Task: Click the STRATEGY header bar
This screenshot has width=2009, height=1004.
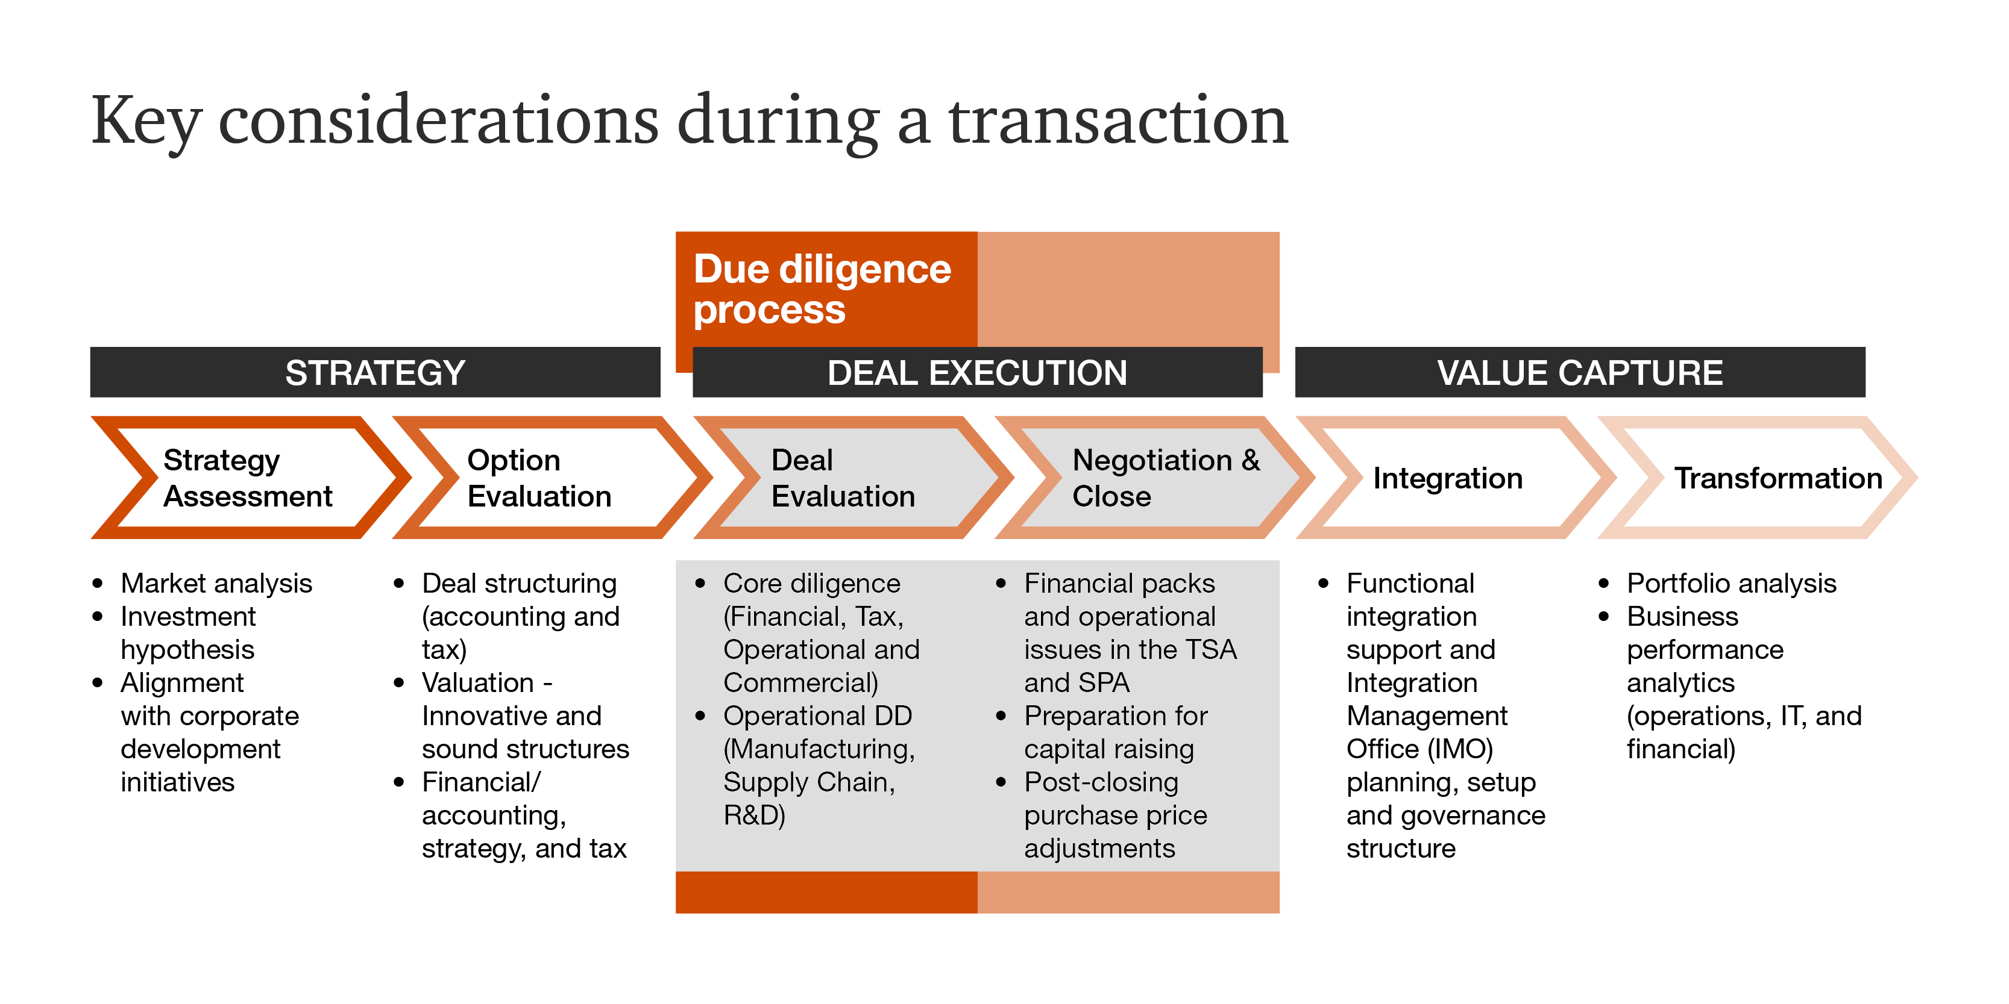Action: pyautogui.click(x=374, y=373)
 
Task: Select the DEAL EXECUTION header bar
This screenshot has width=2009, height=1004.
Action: pyautogui.click(x=976, y=373)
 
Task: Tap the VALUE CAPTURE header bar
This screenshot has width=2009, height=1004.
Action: pyautogui.click(x=1579, y=373)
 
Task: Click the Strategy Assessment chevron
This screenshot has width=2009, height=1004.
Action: pyautogui.click(x=248, y=478)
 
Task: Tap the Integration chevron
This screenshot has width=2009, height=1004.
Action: pyautogui.click(x=1447, y=478)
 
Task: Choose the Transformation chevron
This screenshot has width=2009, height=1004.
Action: pyautogui.click(x=1778, y=478)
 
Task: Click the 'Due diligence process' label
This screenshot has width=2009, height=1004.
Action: pyautogui.click(x=822, y=289)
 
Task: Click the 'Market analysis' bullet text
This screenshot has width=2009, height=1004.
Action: pyautogui.click(x=216, y=583)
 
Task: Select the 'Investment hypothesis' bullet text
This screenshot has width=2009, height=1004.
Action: pyautogui.click(x=188, y=633)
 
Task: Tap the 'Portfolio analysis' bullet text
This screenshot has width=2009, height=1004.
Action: pyautogui.click(x=1731, y=583)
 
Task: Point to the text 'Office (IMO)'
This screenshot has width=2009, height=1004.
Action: pyautogui.click(x=1419, y=749)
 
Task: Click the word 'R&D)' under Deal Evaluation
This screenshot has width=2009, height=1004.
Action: pyautogui.click(x=753, y=815)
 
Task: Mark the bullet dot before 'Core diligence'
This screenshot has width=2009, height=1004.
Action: pyautogui.click(x=700, y=583)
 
